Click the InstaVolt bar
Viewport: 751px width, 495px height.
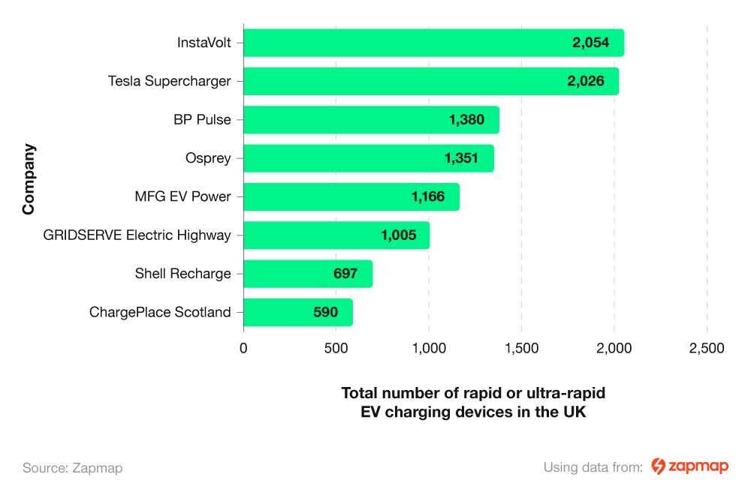[x=433, y=43]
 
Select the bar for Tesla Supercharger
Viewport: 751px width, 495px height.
[x=431, y=81]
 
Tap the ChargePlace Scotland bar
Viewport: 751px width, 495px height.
[x=297, y=312]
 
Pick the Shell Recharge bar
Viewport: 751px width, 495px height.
[x=308, y=274]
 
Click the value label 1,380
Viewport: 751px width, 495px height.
[x=466, y=120]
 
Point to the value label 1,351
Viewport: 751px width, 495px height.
[x=461, y=158]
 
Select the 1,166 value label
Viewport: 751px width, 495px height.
[x=428, y=197]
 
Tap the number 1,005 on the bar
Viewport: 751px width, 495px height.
[x=398, y=235]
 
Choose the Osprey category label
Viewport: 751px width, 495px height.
[x=208, y=158]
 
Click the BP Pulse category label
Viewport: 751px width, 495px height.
[x=202, y=120]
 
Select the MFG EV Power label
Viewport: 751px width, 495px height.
[x=182, y=197]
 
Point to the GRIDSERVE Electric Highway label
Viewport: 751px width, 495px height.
[x=137, y=235]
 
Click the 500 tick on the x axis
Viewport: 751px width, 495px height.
[x=336, y=349]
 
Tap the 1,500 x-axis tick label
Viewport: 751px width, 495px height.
[x=521, y=349]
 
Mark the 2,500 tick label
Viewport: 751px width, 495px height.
[x=707, y=349]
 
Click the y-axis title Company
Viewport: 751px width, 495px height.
[x=29, y=178]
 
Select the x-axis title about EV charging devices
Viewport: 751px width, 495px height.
[x=473, y=403]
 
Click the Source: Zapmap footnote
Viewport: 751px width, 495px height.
[x=72, y=468]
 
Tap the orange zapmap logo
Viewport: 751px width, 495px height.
[x=689, y=466]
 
